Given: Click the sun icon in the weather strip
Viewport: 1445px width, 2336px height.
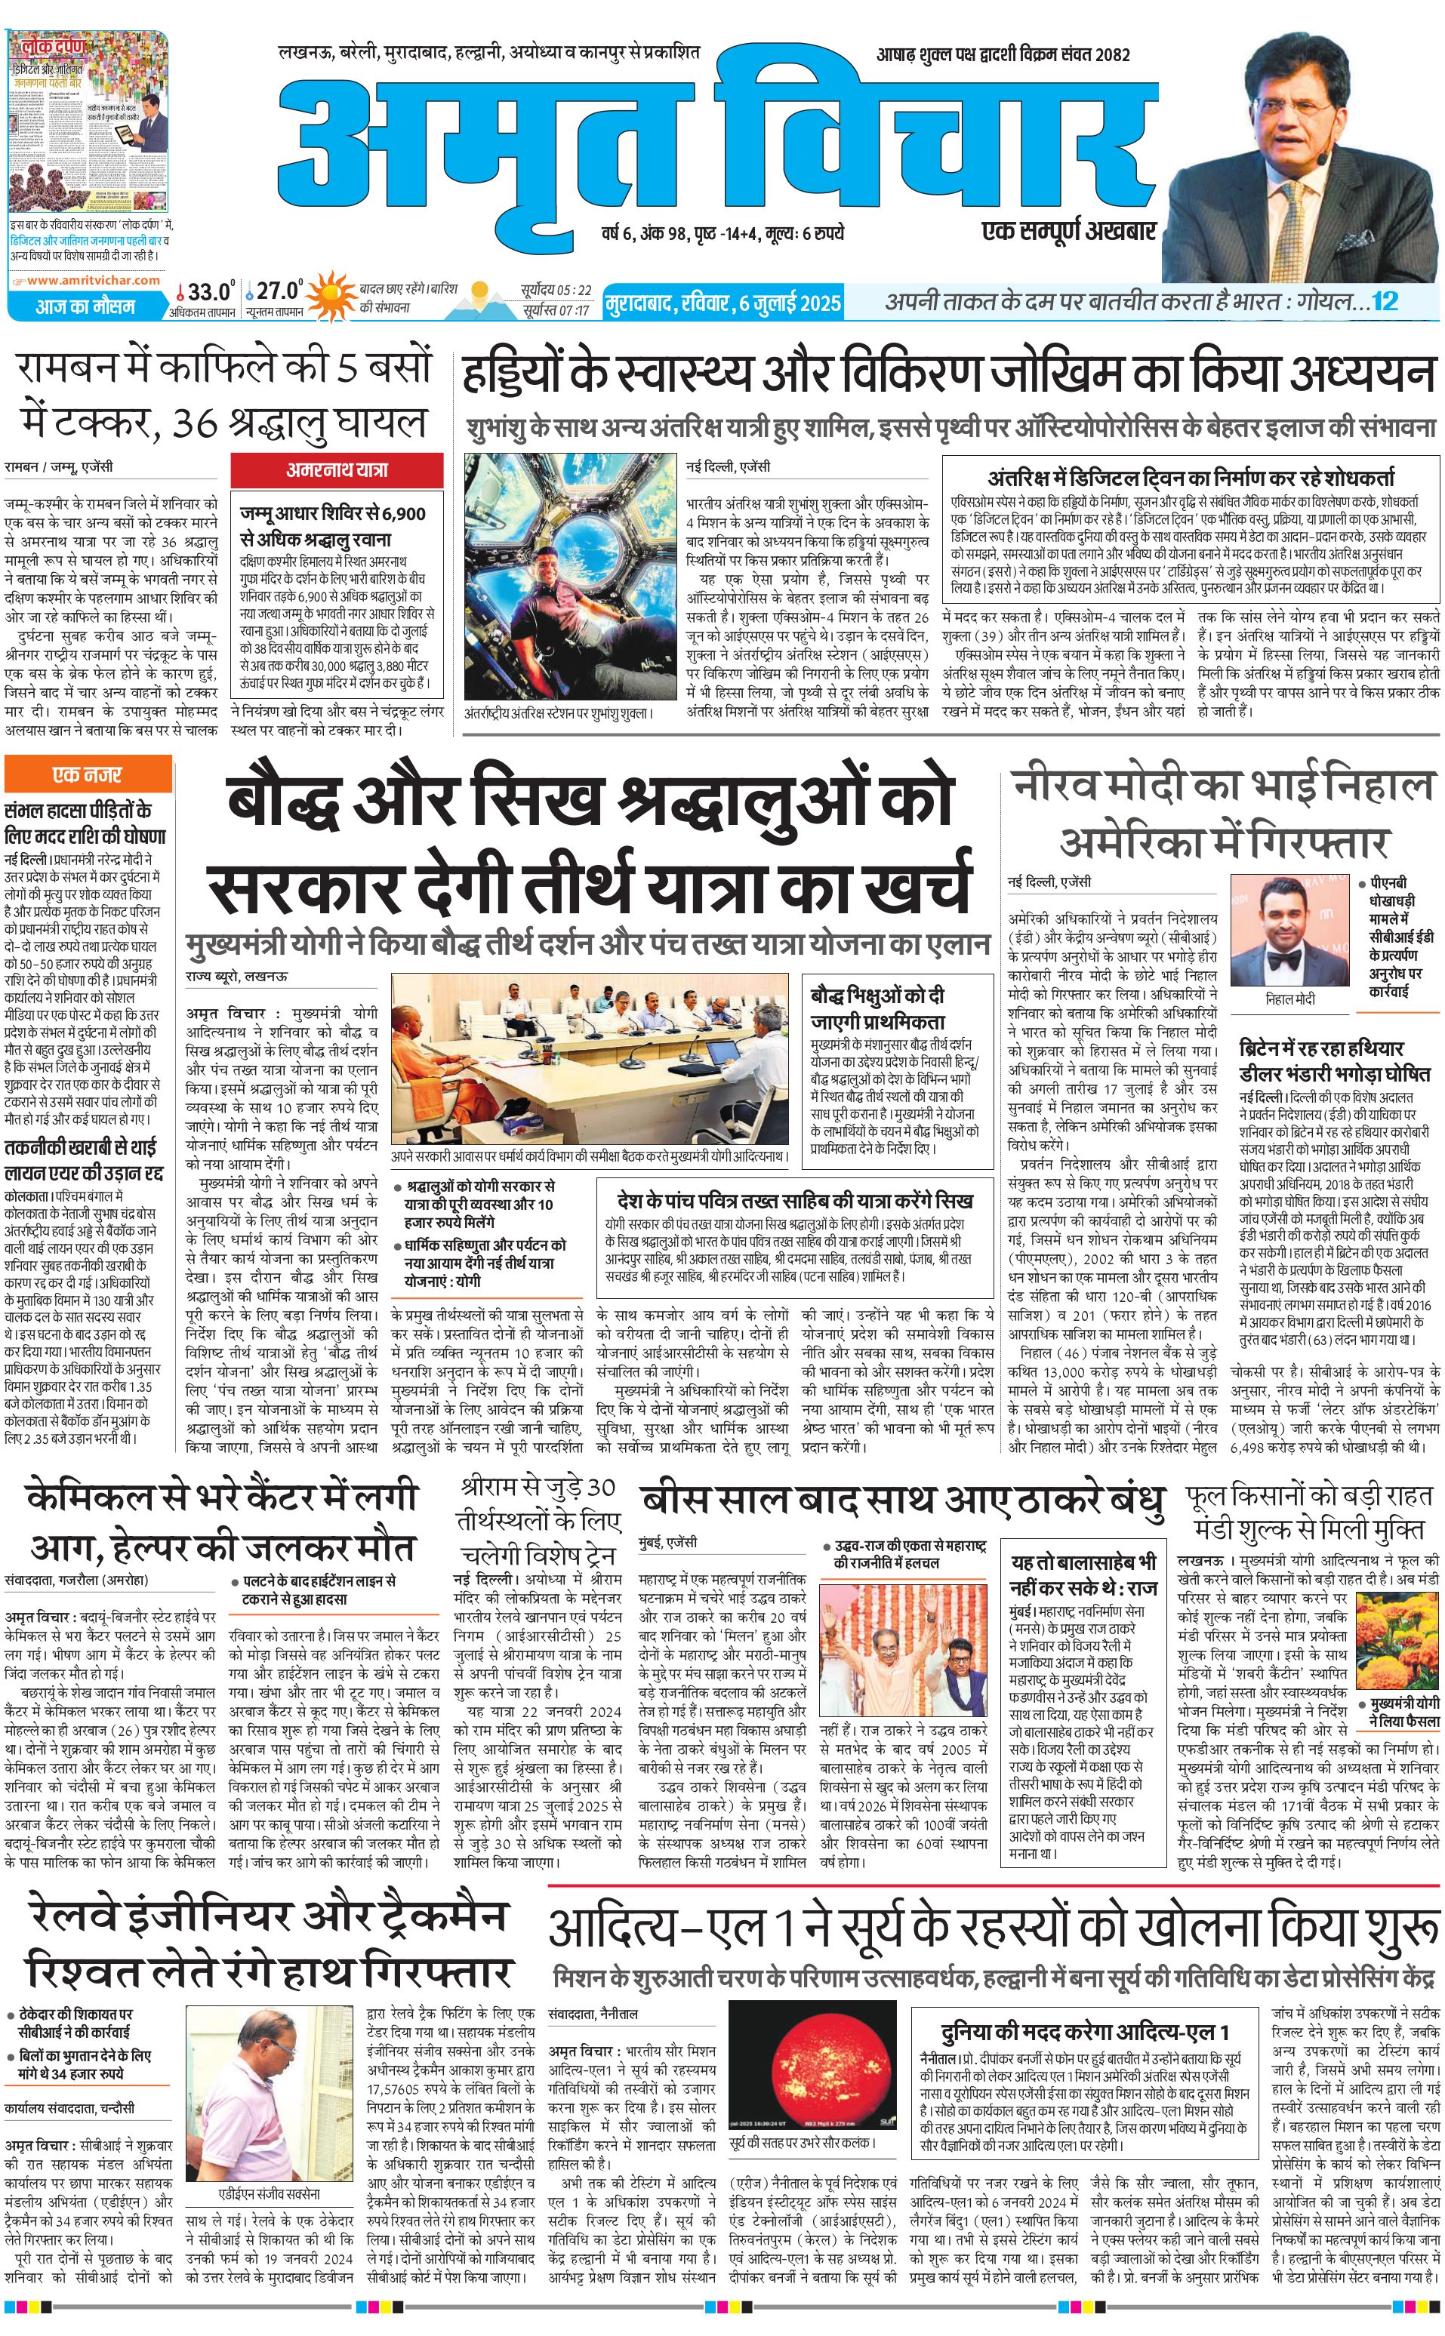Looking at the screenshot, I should (x=331, y=295).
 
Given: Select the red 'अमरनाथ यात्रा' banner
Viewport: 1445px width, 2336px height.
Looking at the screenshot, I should (x=337, y=470).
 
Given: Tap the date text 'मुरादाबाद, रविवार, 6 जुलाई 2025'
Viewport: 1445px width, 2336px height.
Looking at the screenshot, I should (x=723, y=304).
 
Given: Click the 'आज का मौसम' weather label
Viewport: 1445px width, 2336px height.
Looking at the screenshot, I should (x=86, y=306).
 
